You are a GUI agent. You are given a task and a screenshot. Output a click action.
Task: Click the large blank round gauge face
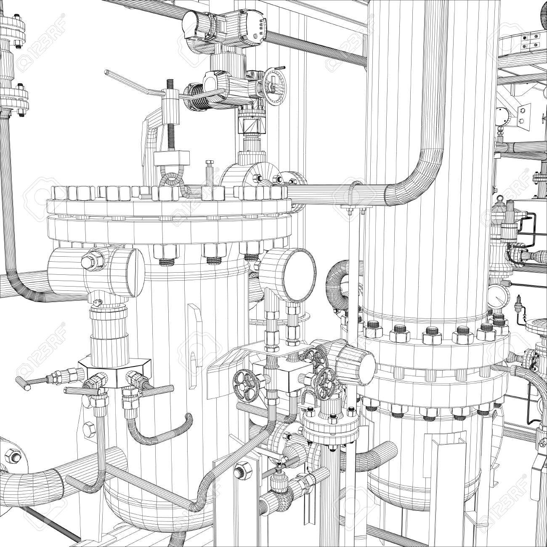point(297,275)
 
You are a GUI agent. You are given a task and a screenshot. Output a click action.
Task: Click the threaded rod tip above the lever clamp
point(170,84)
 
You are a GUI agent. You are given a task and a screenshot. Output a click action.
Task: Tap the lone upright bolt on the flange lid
point(209,171)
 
